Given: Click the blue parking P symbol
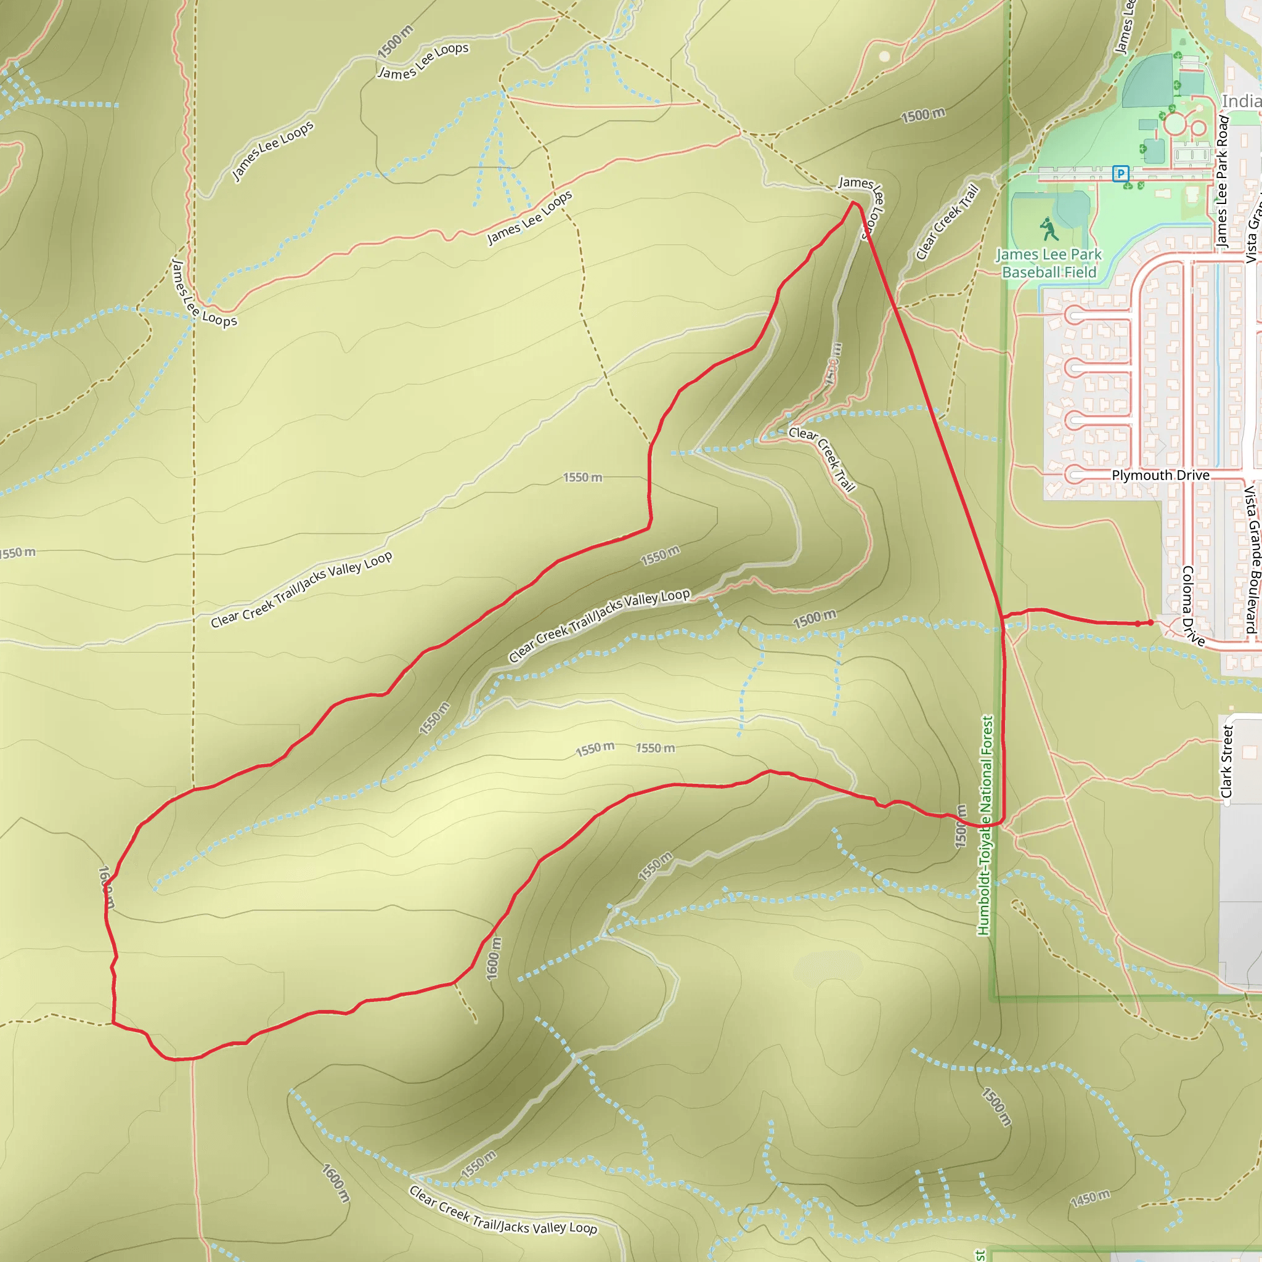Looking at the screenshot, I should (1121, 174).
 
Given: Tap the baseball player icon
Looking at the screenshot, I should (1049, 229).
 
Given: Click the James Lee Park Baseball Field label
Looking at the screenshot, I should (1049, 263).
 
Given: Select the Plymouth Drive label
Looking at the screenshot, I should (1161, 475).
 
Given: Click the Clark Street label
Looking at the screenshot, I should (1227, 762).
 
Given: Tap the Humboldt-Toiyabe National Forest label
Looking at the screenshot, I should (986, 826).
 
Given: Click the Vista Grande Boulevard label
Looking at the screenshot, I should (1252, 559).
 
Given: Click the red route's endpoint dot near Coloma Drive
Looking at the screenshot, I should (1150, 622).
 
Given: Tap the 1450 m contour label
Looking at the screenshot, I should (1090, 1199).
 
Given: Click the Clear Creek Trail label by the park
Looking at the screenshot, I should (948, 222).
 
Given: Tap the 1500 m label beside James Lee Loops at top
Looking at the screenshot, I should (395, 41).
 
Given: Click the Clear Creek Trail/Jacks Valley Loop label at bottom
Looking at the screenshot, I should (503, 1210).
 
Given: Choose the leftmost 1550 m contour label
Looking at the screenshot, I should (18, 553).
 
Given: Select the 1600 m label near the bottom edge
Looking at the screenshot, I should (336, 1183).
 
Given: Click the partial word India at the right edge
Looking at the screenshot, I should (1241, 101).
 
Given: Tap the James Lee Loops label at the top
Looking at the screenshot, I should (423, 61).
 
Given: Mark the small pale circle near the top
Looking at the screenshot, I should (884, 56).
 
